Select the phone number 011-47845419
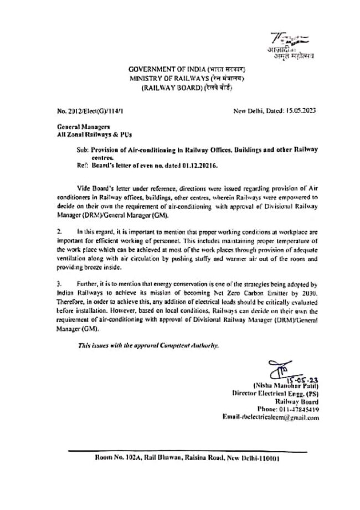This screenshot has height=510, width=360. pos(302,410)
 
